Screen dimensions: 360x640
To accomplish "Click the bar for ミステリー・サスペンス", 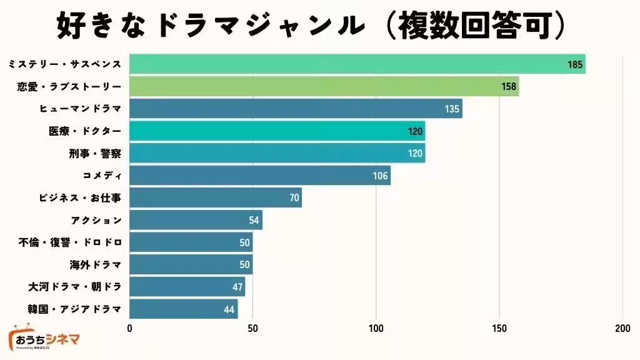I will click(x=357, y=64).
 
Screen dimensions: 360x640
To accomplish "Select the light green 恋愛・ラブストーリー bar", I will click(x=324, y=86).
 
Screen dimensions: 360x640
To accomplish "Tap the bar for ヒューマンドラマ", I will click(x=296, y=109).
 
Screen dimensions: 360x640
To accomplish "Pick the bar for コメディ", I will click(x=259, y=176).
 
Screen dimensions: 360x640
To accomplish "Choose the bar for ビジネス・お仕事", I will click(x=215, y=198).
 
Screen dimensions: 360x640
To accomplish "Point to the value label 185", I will click(x=575, y=64).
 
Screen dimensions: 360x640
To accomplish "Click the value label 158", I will click(x=509, y=87).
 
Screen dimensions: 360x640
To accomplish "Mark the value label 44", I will click(x=229, y=309).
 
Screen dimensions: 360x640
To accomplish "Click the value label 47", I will click(x=236, y=287).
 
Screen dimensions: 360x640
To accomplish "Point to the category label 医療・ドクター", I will click(x=85, y=131).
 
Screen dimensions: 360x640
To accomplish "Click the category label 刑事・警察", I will click(x=95, y=154).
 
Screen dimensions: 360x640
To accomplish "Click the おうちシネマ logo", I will click(x=44, y=340).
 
